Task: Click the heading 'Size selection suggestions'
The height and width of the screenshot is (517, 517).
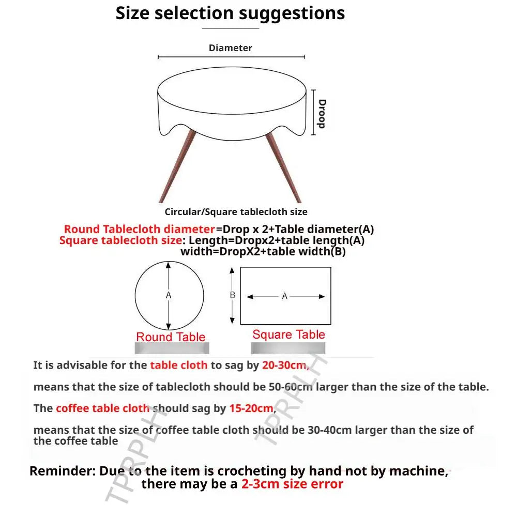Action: pos(230,14)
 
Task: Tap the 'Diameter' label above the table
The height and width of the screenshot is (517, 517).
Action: pos(231,48)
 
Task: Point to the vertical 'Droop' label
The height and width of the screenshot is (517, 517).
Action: pos(322,114)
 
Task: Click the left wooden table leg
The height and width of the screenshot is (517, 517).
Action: pos(177,166)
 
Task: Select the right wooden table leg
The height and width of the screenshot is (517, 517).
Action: pos(283,168)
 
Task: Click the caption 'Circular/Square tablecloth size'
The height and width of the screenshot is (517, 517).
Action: pos(236,211)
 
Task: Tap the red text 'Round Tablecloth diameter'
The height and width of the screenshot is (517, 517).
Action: pos(140,229)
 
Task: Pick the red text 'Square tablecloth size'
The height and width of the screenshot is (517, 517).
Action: pos(120,240)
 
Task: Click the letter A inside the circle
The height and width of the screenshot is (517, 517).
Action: pos(169,295)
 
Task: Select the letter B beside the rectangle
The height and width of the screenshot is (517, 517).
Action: pos(233,295)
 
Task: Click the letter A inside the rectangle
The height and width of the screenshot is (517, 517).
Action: pos(284,296)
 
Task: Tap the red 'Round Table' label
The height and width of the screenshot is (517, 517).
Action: pos(171,337)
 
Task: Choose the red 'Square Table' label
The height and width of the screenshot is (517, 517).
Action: pos(289,334)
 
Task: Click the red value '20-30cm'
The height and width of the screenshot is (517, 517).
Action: pos(285,366)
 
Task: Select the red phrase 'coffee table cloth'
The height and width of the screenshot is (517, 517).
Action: pos(102,408)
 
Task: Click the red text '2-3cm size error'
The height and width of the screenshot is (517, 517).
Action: pos(292,484)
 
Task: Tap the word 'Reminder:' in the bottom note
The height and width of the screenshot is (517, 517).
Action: pos(63,471)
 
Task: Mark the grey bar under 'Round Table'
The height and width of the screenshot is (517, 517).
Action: pos(172,348)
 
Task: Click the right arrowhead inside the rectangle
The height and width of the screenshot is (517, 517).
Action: pos(322,297)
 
